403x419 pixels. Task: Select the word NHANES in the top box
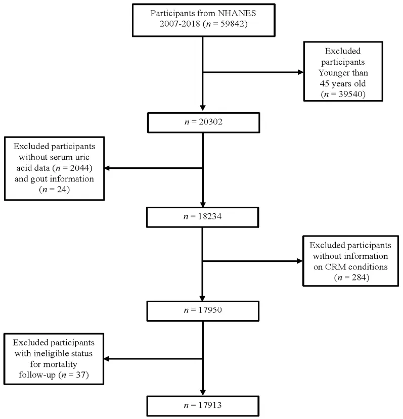pyautogui.click(x=237, y=13)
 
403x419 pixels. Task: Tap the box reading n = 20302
pyautogui.click(x=203, y=122)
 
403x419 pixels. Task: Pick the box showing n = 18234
pyautogui.click(x=202, y=217)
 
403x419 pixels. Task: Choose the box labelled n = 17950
pyautogui.click(x=203, y=311)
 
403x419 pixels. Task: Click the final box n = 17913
pyautogui.click(x=203, y=406)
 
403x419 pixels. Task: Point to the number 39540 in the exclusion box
pyautogui.click(x=350, y=94)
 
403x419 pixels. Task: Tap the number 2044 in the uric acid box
pyautogui.click(x=79, y=168)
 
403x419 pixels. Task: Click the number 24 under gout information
pyautogui.click(x=62, y=190)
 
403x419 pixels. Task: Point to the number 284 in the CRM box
pyautogui.click(x=359, y=277)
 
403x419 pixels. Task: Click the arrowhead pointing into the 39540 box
pyautogui.click(x=300, y=72)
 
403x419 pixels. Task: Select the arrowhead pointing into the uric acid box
pyautogui.click(x=107, y=168)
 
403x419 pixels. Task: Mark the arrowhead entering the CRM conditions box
pyautogui.click(x=299, y=261)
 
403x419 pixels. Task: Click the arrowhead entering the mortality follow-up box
pyautogui.click(x=107, y=359)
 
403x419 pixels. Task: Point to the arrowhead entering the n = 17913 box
pyautogui.click(x=203, y=393)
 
